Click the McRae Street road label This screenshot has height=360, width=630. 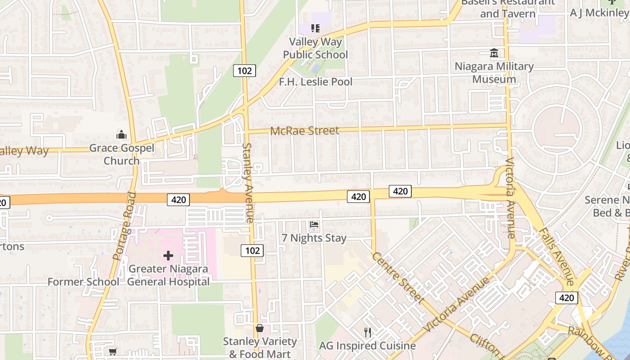[305, 130]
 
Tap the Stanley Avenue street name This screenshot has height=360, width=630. [248, 182]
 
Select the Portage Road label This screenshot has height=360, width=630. [125, 226]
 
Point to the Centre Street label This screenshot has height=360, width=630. [398, 278]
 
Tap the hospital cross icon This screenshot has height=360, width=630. [168, 256]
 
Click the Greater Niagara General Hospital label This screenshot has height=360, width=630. [168, 275]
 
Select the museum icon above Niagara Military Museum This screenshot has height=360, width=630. [494, 53]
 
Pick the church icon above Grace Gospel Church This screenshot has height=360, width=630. [121, 135]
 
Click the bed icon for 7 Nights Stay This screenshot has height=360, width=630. [314, 224]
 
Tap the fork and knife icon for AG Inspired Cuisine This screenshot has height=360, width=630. [368, 333]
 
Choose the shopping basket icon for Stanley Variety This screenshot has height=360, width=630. [260, 328]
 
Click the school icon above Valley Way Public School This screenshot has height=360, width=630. [315, 28]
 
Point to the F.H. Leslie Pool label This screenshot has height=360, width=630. [315, 82]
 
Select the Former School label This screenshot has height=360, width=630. [84, 282]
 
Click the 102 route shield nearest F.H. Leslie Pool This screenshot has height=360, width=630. [244, 71]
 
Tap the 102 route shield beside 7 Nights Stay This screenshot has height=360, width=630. [252, 250]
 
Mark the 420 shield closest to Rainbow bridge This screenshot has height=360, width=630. [567, 297]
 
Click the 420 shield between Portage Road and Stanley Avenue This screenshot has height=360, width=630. [179, 200]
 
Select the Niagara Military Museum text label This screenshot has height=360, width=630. [494, 73]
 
